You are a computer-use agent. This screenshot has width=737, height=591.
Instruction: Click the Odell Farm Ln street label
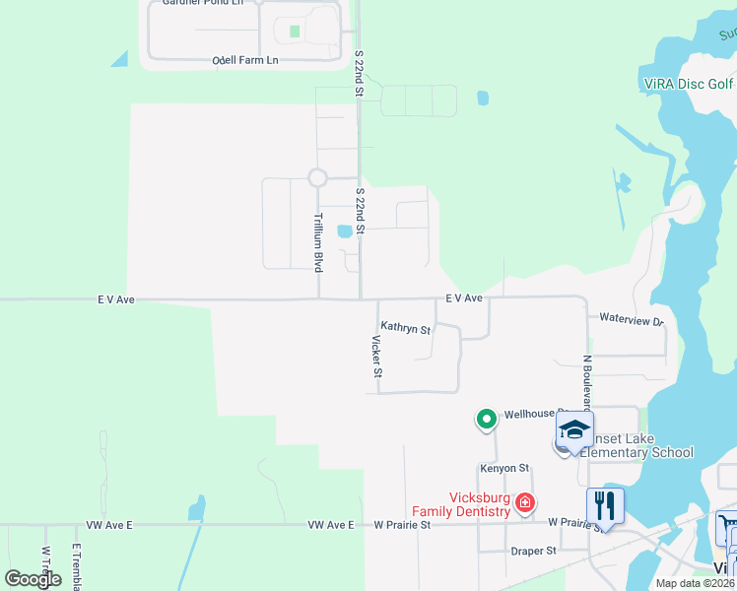pyautogui.click(x=245, y=61)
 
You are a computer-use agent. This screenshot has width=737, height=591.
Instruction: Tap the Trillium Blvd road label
pyautogui.click(x=318, y=242)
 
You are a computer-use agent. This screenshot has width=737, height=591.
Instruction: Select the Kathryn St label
pyautogui.click(x=406, y=328)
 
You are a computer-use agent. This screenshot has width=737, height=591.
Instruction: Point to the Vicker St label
pyautogui.click(x=376, y=357)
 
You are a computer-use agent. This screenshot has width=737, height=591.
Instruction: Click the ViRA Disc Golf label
pyautogui.click(x=687, y=84)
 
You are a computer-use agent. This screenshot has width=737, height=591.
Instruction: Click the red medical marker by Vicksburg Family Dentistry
pyautogui.click(x=525, y=502)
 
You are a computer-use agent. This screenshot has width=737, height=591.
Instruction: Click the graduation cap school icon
pyautogui.click(x=574, y=429)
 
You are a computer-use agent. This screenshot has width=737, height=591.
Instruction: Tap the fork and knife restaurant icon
pyautogui.click(x=605, y=506)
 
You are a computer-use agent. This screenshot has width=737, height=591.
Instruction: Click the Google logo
pyautogui.click(x=33, y=579)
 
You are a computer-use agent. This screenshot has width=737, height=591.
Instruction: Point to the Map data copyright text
pyautogui.click(x=695, y=583)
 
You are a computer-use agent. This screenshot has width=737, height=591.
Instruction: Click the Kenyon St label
pyautogui.click(x=504, y=468)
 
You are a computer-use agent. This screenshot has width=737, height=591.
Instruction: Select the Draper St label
pyautogui.click(x=534, y=551)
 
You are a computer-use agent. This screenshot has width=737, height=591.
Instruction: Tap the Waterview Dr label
pyautogui.click(x=631, y=320)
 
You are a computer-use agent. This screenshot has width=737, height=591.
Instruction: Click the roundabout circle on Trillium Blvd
pyautogui.click(x=317, y=177)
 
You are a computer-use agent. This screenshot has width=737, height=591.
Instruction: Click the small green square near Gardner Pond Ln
pyautogui.click(x=295, y=31)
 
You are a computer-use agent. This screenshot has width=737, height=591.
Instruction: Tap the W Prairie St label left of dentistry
pyautogui.click(x=401, y=525)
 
